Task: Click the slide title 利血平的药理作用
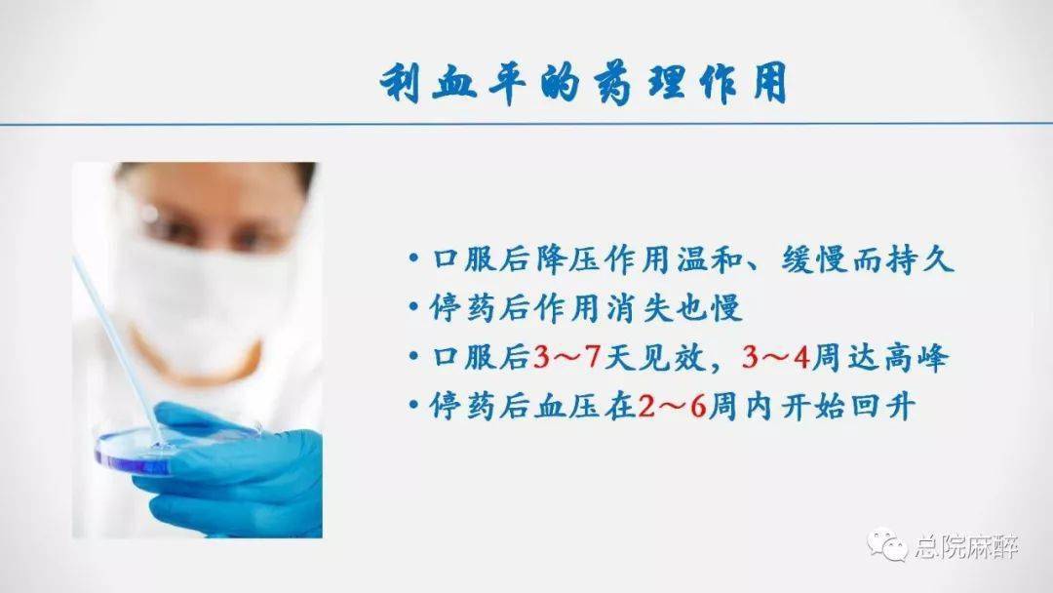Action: pos(583,83)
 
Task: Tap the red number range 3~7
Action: pos(566,357)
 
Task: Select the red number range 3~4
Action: pos(776,357)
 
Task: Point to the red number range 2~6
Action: pos(672,407)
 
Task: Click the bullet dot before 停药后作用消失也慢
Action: pos(413,307)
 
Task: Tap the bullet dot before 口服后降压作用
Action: pos(413,258)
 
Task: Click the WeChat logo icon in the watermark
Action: pos(887,544)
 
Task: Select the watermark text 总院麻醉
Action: pos(965,546)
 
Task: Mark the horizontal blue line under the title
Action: pos(526,124)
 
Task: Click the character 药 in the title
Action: pos(614,85)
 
